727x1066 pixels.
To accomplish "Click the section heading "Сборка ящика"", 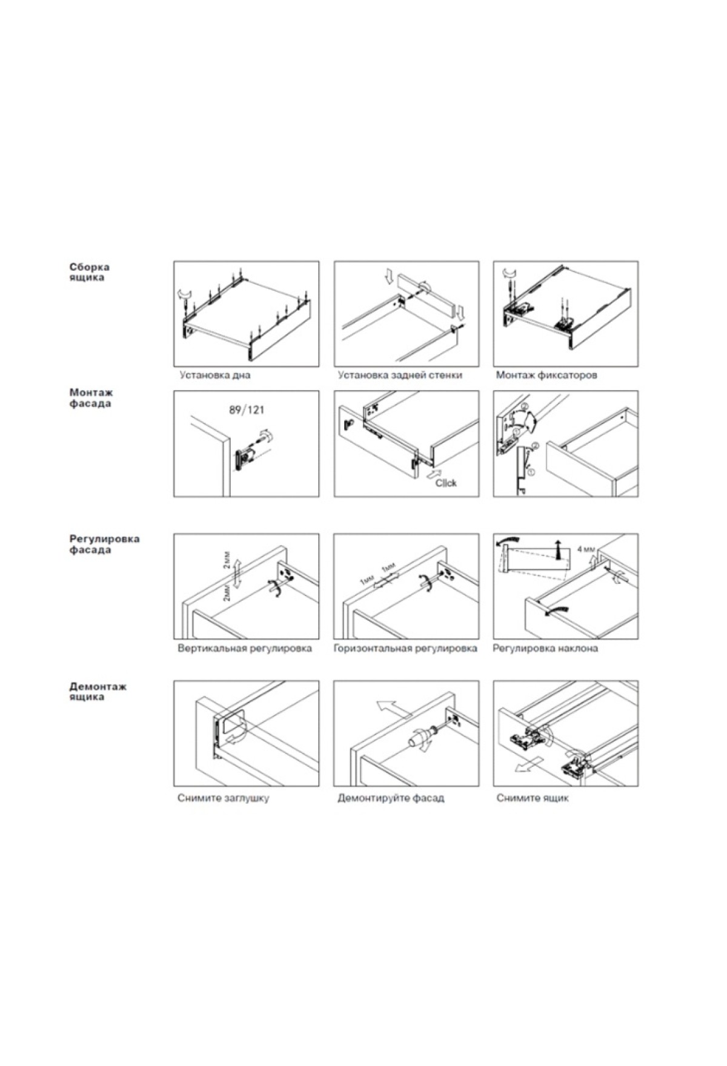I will tap(89, 272).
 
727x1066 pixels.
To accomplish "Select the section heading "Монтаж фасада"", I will tap(90, 399).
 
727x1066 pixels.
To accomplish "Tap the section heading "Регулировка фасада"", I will tap(104, 544).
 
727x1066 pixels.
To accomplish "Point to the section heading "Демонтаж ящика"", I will tap(98, 692).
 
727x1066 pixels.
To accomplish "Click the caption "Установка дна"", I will tap(214, 375).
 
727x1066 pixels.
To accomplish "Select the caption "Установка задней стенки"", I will tap(400, 375).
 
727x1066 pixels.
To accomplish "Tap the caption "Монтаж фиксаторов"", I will tap(546, 375).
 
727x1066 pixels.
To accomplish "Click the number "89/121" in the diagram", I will tap(246, 410).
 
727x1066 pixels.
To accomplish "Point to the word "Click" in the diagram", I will tap(446, 483).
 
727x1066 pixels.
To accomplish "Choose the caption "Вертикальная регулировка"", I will tap(245, 648).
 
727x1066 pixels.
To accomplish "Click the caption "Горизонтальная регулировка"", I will tap(405, 648).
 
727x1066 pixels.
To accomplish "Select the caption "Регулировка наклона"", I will tap(545, 648).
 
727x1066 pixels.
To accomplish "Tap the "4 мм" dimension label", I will tap(586, 549).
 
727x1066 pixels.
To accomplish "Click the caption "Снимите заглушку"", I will tap(223, 798).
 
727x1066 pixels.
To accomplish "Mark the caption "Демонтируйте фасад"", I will tap(391, 798).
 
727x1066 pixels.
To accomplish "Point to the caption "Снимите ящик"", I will tap(533, 798).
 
